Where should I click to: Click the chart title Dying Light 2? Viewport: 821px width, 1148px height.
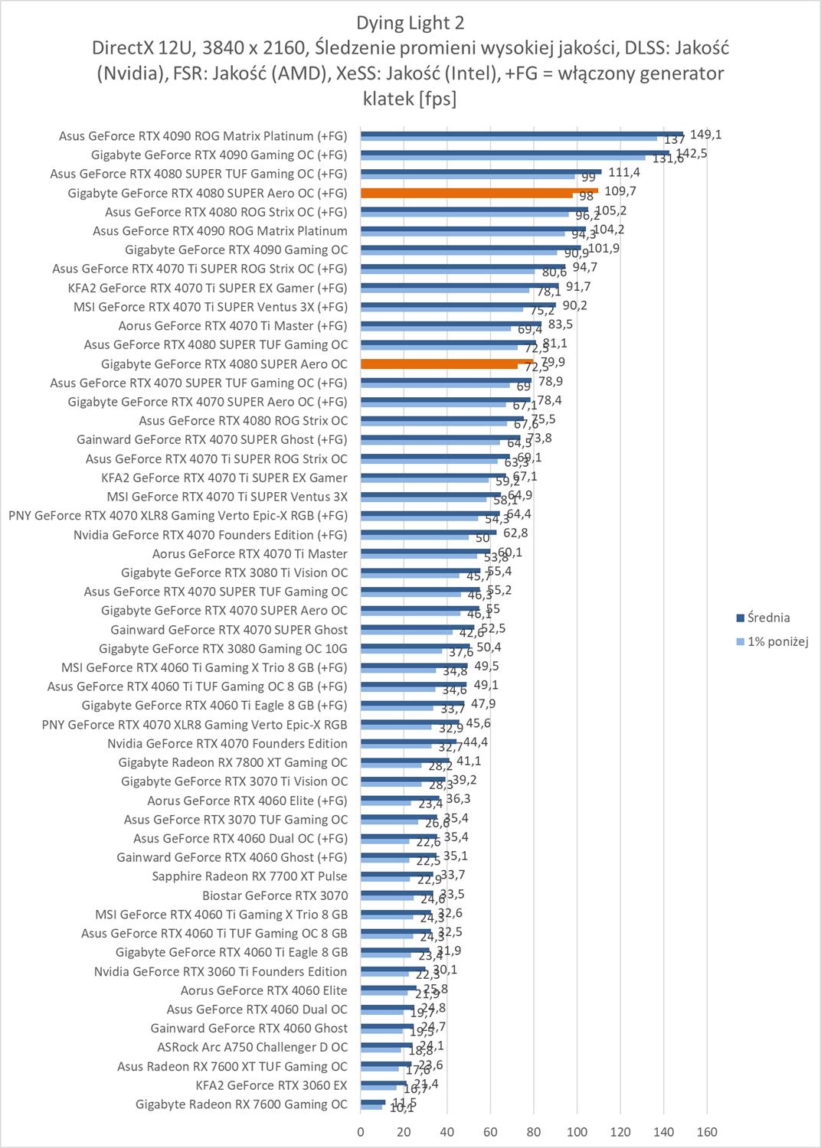[x=410, y=23]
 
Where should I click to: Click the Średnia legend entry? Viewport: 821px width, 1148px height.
[x=768, y=618]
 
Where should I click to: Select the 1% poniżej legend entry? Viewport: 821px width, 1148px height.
[x=777, y=641]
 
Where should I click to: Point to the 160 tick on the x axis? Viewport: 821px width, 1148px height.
[x=707, y=1131]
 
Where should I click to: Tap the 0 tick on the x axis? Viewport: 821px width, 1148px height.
[x=361, y=1131]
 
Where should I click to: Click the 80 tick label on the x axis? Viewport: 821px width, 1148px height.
[x=534, y=1131]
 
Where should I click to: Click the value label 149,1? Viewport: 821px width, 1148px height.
[x=705, y=134]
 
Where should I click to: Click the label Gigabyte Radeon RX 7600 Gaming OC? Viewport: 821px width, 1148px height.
[x=241, y=1104]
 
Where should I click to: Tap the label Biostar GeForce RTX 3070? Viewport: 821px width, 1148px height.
[x=274, y=895]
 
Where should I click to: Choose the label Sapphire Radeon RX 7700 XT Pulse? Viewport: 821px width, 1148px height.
[x=249, y=876]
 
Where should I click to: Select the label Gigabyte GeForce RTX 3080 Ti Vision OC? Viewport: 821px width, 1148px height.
[x=234, y=572]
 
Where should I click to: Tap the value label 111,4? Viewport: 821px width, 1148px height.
[x=624, y=172]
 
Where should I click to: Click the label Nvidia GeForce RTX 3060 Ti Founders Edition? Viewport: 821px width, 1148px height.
[x=221, y=971]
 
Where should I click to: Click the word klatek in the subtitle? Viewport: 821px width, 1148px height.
[x=388, y=98]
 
